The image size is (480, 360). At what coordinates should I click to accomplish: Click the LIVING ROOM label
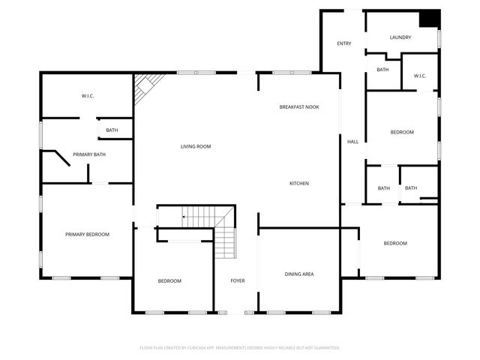(195, 146)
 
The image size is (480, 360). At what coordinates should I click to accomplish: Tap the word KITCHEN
(299, 183)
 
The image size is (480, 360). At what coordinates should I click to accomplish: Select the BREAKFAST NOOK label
(299, 107)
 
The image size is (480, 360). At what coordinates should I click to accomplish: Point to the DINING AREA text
(299, 274)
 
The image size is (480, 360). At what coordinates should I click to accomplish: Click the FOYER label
(237, 280)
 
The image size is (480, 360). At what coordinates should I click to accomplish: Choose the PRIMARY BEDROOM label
(87, 235)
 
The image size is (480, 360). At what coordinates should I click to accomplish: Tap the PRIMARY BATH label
(88, 154)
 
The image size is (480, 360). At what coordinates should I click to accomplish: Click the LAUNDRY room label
(400, 37)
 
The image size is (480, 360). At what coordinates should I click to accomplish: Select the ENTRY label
(343, 43)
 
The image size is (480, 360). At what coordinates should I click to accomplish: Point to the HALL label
(352, 142)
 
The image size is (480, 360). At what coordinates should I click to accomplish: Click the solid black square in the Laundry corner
(429, 19)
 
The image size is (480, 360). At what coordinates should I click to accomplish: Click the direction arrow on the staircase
(184, 218)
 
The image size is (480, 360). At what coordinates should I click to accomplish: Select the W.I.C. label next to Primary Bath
(87, 96)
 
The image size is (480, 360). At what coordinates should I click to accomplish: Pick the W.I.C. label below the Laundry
(419, 75)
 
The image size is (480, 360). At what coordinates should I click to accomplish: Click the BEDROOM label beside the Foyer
(169, 280)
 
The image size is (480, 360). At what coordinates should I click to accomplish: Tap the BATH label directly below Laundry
(382, 70)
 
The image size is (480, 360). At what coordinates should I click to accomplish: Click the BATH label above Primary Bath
(111, 130)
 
